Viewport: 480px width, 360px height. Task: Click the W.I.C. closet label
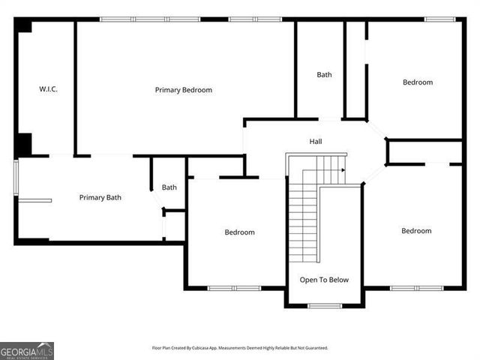tap(49, 89)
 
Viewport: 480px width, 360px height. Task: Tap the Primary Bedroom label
tap(184, 90)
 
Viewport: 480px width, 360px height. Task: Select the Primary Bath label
tap(100, 198)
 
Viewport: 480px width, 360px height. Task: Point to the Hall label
tap(316, 141)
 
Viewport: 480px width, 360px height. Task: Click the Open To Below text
tap(324, 280)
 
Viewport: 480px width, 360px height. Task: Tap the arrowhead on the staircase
tap(343, 170)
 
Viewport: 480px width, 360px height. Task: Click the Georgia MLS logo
tap(27, 350)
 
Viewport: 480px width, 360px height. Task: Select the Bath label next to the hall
tap(324, 74)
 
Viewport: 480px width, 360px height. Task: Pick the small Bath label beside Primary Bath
tap(169, 187)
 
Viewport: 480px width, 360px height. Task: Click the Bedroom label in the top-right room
tap(418, 82)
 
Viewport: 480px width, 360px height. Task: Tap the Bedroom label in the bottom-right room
tap(416, 231)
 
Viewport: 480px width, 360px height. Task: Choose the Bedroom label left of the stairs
tap(240, 232)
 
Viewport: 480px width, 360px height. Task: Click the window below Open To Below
tap(325, 305)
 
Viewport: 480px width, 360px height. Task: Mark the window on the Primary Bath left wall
tap(15, 178)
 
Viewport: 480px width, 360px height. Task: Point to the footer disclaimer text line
tap(240, 348)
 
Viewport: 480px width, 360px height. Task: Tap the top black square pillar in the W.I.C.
tap(24, 26)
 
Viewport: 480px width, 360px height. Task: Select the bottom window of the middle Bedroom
tap(234, 288)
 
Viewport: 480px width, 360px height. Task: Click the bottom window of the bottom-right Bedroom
tap(416, 288)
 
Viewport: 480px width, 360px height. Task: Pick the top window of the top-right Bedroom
tap(439, 19)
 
